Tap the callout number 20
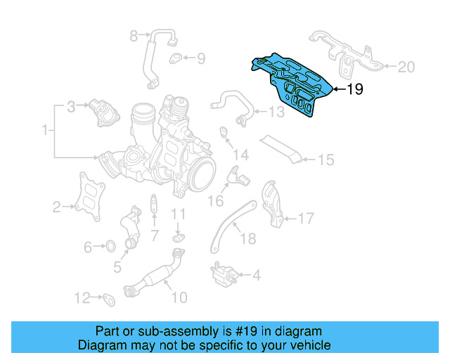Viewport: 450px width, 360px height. pyautogui.click(x=406, y=67)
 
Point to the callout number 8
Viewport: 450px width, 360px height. pyautogui.click(x=134, y=34)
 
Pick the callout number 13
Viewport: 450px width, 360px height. pyautogui.click(x=275, y=111)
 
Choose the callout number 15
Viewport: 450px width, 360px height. pyautogui.click(x=325, y=160)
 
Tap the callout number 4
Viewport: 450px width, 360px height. pyautogui.click(x=255, y=274)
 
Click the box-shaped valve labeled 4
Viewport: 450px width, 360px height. pyautogui.click(x=221, y=271)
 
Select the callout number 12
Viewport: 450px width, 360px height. pyautogui.click(x=83, y=297)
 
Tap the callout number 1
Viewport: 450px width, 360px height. pyautogui.click(x=46, y=130)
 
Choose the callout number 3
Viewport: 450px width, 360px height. pyautogui.click(x=71, y=107)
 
